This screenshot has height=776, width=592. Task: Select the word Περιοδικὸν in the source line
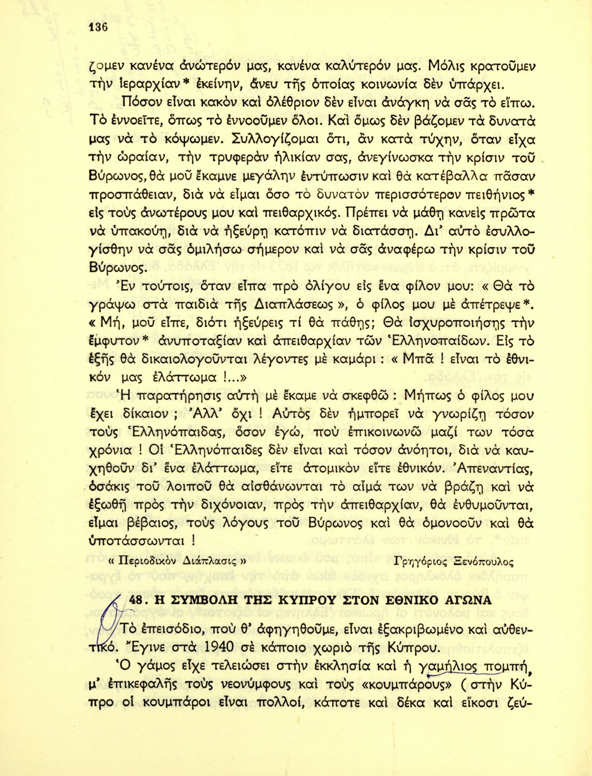click(x=147, y=562)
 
